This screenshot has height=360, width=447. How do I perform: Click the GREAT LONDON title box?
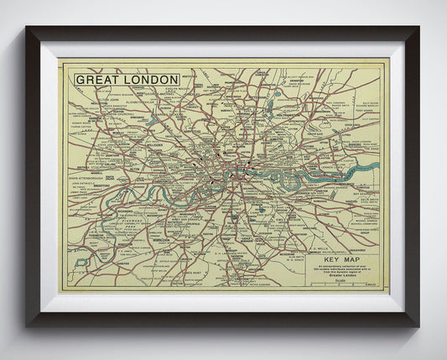pos(127,80)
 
